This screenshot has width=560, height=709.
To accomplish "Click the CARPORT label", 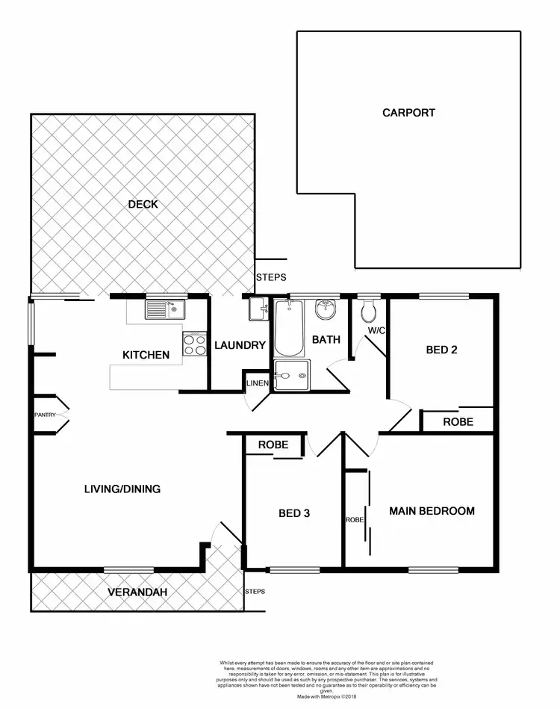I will coord(408,113).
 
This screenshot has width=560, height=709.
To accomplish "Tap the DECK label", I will coord(143,204).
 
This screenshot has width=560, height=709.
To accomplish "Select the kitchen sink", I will coord(164,309).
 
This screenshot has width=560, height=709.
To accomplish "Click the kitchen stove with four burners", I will coord(195,345).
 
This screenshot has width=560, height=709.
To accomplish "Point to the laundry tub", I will coord(258,308).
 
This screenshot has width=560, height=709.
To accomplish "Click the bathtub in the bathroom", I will coord(288,328).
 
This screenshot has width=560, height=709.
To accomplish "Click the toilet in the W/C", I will coord(368,309).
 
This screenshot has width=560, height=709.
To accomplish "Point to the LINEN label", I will coord(257,383).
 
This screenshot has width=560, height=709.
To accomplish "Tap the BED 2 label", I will coord(441,349).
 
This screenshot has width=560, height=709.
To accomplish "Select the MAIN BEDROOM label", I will coord(432,511).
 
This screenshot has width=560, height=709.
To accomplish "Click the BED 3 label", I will coord(293,513).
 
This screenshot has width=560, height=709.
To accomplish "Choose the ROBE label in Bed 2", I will coord(458,421).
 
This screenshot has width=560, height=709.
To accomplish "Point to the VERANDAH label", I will coord(137,592).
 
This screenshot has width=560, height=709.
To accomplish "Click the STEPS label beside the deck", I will coord(270,277).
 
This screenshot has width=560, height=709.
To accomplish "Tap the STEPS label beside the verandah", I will coord(255,591).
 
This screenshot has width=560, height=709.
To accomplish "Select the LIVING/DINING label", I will coord(122,489).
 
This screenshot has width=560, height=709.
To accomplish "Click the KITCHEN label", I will coord(146,355).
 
